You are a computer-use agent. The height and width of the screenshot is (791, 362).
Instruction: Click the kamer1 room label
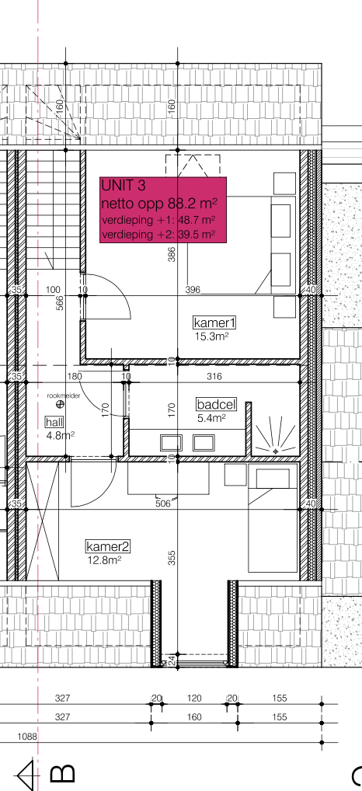pyautogui.click(x=214, y=322)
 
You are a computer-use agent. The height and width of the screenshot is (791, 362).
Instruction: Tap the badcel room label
pyautogui.click(x=216, y=404)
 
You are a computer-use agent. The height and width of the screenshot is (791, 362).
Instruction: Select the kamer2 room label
pyautogui.click(x=109, y=546)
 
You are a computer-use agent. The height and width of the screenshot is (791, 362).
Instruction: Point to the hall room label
pyautogui.click(x=54, y=422)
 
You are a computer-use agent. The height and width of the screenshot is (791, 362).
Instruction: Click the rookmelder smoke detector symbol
pyautogui.click(x=61, y=403)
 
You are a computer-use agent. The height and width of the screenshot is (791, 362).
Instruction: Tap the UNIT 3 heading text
pyautogui.click(x=123, y=186)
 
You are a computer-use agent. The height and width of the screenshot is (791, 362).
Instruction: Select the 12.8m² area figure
pyautogui.click(x=104, y=559)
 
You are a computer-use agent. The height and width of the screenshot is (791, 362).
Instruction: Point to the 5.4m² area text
pyautogui.click(x=211, y=418)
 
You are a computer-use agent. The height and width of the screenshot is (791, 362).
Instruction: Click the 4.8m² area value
pyautogui.click(x=60, y=435)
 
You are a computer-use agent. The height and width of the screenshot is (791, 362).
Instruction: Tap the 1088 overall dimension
pyautogui.click(x=27, y=737)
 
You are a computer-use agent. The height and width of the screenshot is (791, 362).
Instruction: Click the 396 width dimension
pyautogui.click(x=193, y=290)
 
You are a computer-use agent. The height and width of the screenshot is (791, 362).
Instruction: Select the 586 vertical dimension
pyautogui.click(x=60, y=303)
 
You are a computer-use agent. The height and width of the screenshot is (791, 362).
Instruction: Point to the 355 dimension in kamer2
pyautogui.click(x=172, y=557)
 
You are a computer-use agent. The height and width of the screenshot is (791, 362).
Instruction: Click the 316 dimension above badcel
pyautogui.click(x=214, y=376)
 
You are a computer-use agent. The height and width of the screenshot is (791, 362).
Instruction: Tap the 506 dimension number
pyautogui.click(x=163, y=503)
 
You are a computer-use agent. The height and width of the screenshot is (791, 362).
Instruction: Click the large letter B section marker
pyautogui.click(x=62, y=773)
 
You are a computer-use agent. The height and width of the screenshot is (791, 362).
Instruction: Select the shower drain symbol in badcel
pyautogui.click(x=275, y=451)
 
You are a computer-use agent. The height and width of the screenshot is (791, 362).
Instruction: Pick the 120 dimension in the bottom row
pyautogui.click(x=194, y=699)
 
